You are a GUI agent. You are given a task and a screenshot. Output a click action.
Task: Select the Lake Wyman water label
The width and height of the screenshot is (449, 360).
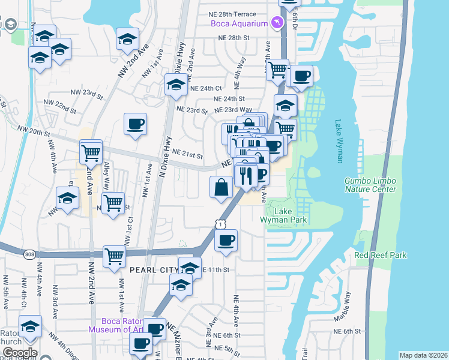click(339, 141)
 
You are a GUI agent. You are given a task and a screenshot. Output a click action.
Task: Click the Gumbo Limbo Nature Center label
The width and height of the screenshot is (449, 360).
click(370, 185)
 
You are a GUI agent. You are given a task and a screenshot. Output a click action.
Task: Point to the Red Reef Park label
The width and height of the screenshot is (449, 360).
click(381, 255)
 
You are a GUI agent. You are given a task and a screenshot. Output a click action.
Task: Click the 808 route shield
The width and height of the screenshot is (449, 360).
click(29, 255)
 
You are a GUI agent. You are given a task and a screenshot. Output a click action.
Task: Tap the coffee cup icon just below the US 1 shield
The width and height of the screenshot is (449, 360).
click(226, 241)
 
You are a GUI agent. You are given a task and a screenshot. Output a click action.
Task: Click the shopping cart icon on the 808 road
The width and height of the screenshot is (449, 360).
click(113, 256)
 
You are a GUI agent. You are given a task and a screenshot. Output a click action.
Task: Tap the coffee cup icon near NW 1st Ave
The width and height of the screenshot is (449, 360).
click(135, 124)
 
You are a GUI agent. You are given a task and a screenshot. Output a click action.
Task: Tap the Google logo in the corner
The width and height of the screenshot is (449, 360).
click(19, 353)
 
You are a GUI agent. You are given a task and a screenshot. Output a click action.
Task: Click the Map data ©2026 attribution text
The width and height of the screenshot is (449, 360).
click(423, 355)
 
